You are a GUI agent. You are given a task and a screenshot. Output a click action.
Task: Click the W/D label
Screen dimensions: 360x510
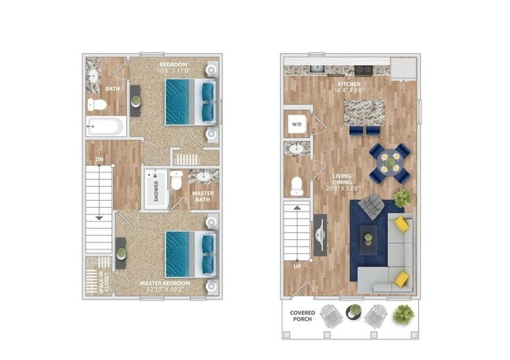[x=297, y=124]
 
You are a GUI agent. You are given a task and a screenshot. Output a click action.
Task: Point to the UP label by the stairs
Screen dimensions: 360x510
[x=297, y=267]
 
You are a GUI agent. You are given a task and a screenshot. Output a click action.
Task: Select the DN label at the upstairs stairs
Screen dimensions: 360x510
[x=100, y=161]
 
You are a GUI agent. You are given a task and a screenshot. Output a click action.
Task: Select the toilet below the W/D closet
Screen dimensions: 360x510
[x=297, y=186]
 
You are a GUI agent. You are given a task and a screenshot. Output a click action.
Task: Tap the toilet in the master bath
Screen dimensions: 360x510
[x=177, y=181]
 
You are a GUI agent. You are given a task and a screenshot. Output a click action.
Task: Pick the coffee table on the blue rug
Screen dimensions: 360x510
[x=368, y=236]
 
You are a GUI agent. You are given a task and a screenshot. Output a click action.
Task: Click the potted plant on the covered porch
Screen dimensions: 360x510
[x=404, y=315]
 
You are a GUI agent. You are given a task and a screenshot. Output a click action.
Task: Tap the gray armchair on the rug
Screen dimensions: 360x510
[x=371, y=209]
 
